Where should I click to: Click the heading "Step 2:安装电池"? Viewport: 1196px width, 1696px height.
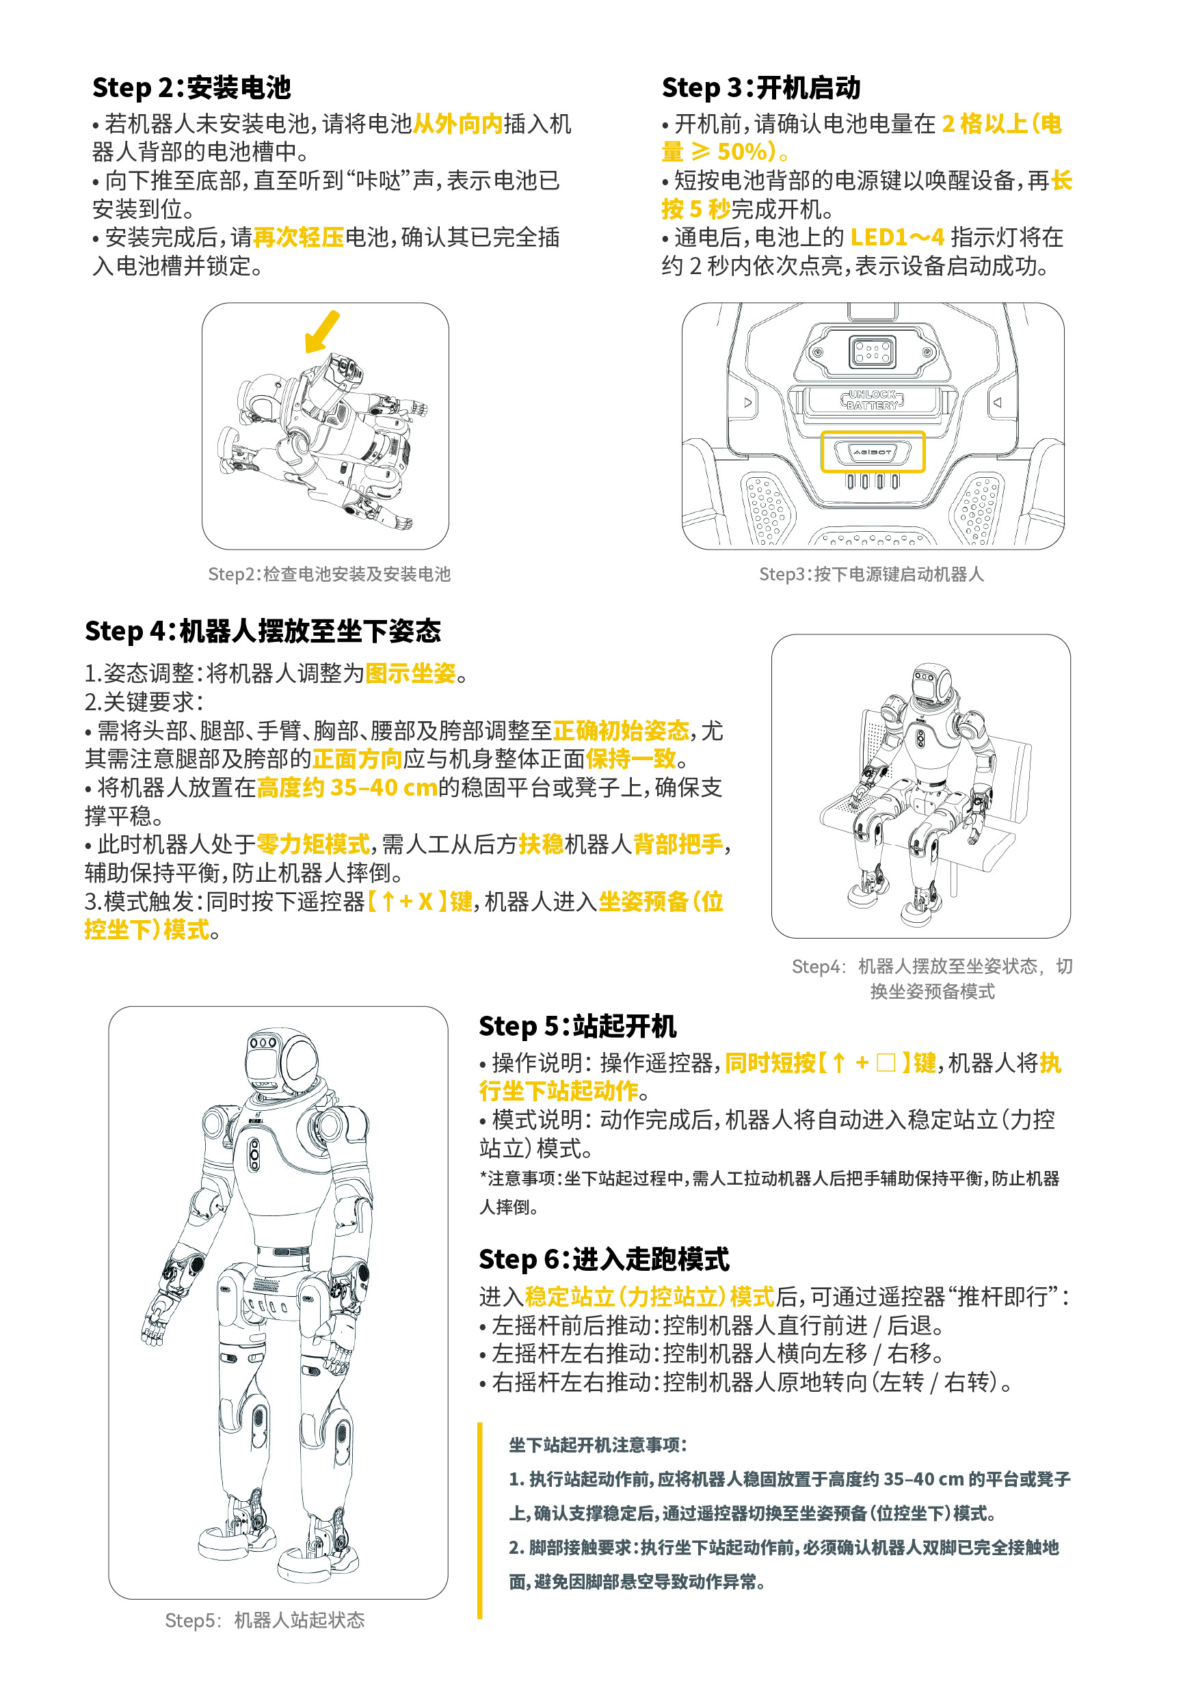click(x=191, y=88)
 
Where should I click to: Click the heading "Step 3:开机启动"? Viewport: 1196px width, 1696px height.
click(x=761, y=88)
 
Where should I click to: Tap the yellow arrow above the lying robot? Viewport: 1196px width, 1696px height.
click(x=322, y=332)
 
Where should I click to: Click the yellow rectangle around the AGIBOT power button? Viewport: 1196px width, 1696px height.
click(x=873, y=451)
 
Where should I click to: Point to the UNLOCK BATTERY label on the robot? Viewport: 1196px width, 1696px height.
click(x=872, y=400)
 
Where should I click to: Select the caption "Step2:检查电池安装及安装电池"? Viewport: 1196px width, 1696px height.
click(x=329, y=574)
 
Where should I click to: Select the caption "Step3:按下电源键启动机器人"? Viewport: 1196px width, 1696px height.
click(x=871, y=574)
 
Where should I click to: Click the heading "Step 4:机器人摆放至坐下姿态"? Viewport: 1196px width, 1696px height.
click(x=263, y=631)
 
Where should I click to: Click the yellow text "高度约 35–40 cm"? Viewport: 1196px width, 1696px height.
click(x=347, y=788)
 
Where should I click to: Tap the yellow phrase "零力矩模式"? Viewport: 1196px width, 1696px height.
click(x=313, y=844)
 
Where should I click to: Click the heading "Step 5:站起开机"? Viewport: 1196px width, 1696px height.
click(x=577, y=1026)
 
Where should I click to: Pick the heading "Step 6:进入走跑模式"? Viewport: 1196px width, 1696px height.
click(x=604, y=1258)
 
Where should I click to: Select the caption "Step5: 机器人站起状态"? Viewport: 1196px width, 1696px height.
click(x=265, y=1620)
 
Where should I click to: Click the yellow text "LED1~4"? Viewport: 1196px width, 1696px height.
click(x=896, y=237)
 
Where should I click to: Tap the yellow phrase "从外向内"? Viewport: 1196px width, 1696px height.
click(x=457, y=123)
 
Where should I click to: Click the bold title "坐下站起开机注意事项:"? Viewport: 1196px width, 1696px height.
click(x=598, y=1445)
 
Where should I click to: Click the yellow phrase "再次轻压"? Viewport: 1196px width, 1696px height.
click(x=298, y=237)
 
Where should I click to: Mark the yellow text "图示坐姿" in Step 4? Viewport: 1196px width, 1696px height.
click(x=411, y=673)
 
